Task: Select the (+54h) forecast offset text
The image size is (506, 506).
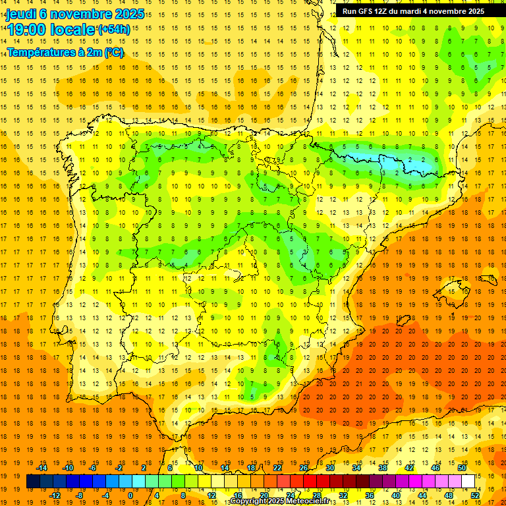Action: point(114,29)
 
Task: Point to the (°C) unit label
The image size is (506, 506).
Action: point(113,52)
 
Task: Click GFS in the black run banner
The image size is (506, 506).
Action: point(368,11)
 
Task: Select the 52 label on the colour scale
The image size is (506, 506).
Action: point(475,495)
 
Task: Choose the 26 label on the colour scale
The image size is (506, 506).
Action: point(304,468)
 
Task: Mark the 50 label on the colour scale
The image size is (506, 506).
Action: point(462,468)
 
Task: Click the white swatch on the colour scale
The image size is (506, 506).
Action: point(468,482)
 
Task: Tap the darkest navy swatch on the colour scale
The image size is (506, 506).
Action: point(33,482)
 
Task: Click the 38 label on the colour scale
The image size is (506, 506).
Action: point(383,468)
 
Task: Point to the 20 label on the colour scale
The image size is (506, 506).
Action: point(264,495)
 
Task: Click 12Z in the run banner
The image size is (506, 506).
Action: point(385,11)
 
